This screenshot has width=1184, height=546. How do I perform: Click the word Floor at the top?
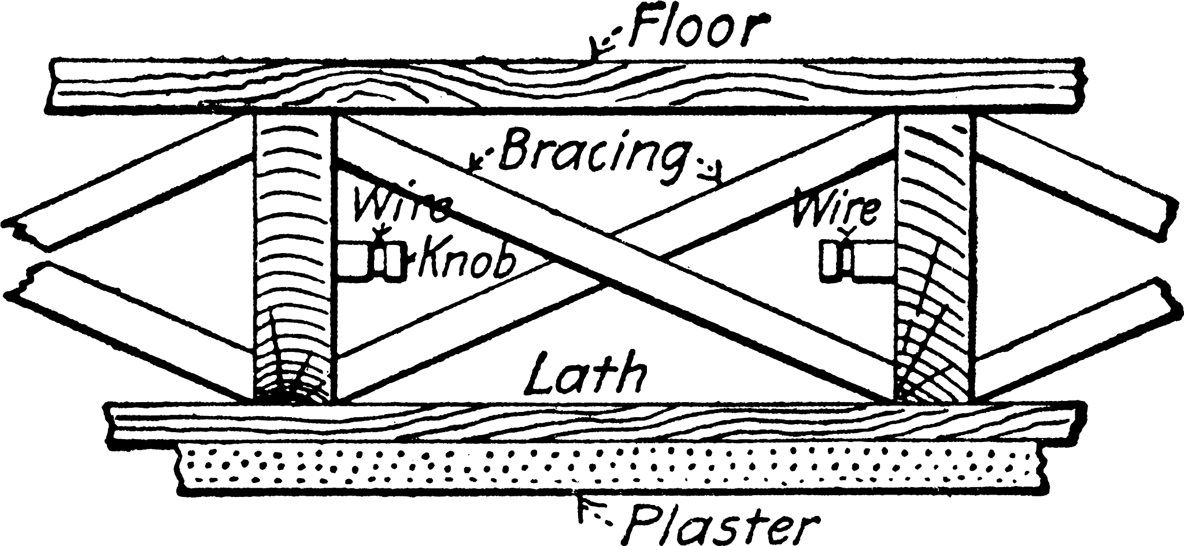[700, 27]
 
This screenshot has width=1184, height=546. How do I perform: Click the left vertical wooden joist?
[294, 257]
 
